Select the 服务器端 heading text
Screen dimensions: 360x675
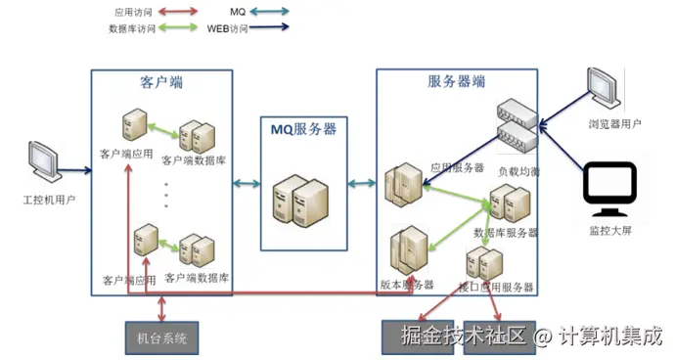[456, 83]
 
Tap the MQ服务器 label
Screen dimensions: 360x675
[303, 128]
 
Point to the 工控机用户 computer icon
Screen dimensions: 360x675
[44, 161]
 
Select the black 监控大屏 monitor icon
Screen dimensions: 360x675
[608, 192]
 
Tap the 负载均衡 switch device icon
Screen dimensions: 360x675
[518, 125]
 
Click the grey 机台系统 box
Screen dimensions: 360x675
[162, 338]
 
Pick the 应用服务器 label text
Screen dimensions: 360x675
[457, 167]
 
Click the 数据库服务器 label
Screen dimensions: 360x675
[506, 233]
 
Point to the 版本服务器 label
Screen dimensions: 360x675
[406, 285]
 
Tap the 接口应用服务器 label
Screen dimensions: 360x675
[496, 288]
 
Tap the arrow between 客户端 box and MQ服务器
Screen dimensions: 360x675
[246, 182]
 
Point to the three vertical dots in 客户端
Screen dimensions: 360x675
[165, 195]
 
